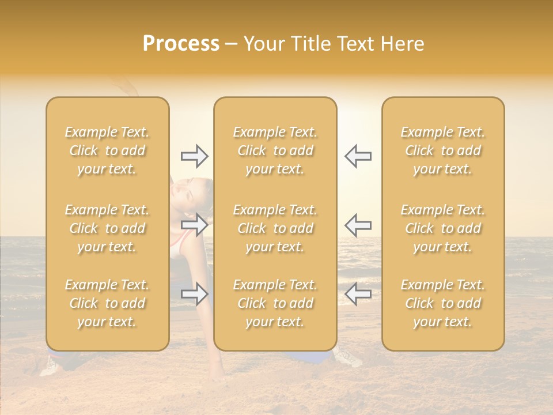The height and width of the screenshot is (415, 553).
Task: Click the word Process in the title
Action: (x=181, y=44)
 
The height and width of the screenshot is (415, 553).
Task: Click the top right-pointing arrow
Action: (x=194, y=156)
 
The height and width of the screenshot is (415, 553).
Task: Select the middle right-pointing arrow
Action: (x=194, y=224)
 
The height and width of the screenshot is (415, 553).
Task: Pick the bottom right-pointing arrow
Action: (x=194, y=294)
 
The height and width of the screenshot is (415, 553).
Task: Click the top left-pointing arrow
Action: (x=358, y=156)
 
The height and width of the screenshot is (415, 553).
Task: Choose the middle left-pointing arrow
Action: (x=358, y=224)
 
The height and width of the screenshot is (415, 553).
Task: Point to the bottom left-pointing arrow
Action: (x=358, y=294)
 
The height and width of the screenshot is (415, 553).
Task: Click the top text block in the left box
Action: (x=107, y=150)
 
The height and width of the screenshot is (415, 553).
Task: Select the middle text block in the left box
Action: (x=107, y=228)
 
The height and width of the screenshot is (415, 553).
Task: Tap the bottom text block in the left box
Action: (x=107, y=303)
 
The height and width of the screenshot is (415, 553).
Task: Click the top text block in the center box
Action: (x=275, y=150)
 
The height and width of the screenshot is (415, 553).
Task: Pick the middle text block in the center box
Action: (x=275, y=228)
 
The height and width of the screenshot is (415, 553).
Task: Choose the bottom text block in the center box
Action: (x=275, y=303)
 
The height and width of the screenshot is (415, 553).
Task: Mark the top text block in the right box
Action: (x=442, y=150)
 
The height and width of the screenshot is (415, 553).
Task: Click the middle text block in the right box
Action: (x=442, y=228)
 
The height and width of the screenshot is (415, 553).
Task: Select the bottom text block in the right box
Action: (x=442, y=303)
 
